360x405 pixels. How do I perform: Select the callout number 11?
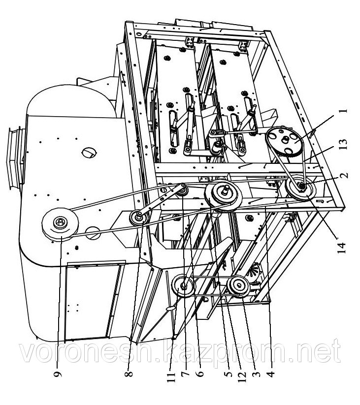pos(171,374)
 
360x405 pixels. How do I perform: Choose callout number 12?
pos(242,374)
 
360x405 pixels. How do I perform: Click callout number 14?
pos(341,248)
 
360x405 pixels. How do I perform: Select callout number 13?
pos(343,146)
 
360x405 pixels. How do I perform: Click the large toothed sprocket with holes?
pos(284,141)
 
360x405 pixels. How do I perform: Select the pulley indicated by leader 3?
pos(238,285)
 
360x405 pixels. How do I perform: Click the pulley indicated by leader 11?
pos(183,286)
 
